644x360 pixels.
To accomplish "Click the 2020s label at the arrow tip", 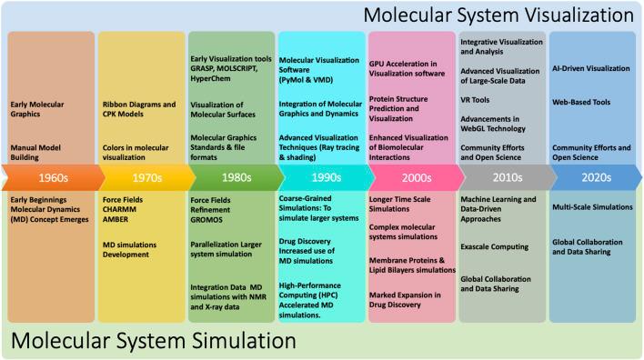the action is pyautogui.click(x=585, y=175).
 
